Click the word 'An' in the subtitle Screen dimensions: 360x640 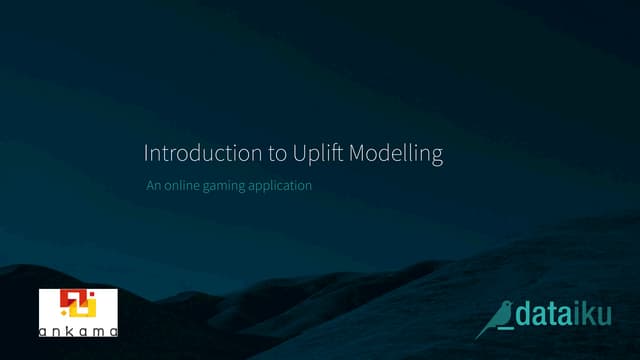point(152,185)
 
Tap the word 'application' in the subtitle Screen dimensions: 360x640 point(279,186)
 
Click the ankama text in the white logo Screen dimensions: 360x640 point(78,329)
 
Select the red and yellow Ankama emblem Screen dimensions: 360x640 point(77,306)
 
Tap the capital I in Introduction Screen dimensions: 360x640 point(147,154)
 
